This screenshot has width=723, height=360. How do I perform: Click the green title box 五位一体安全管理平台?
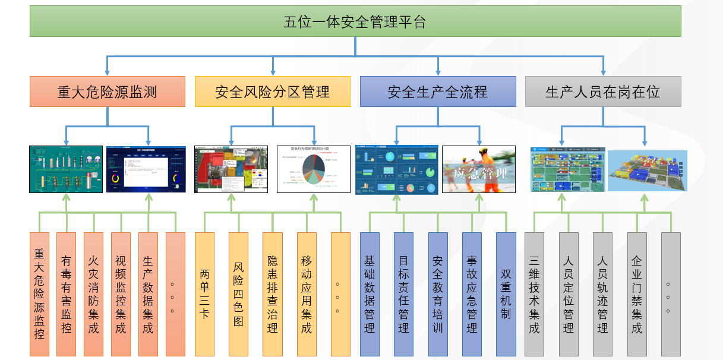coord(355,23)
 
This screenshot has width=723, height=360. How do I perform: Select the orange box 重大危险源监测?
coord(108,92)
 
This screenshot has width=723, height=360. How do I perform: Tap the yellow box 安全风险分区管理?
coord(273,92)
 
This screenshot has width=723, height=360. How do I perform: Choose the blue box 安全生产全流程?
coord(438,92)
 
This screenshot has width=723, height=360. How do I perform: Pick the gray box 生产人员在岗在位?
coord(603,92)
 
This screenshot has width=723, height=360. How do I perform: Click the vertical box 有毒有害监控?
coord(66,294)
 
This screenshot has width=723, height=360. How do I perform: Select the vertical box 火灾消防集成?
coord(93,294)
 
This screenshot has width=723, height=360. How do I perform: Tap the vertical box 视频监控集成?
coord(121,294)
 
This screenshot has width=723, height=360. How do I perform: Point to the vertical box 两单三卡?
coord(204,294)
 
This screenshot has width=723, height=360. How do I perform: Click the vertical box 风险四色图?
coord(238,294)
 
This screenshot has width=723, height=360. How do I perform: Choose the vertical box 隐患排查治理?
coord(273,294)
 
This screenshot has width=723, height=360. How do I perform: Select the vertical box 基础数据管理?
coord(370,294)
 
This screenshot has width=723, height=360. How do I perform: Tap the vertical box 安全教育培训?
coord(438,294)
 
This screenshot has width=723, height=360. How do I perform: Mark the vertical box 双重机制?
coord(506,294)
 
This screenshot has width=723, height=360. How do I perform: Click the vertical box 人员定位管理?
coord(569,294)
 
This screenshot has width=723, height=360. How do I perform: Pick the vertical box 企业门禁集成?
coord(637,294)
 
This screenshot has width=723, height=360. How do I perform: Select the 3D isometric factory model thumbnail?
coord(647,170)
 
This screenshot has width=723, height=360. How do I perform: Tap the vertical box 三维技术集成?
coord(534,294)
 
